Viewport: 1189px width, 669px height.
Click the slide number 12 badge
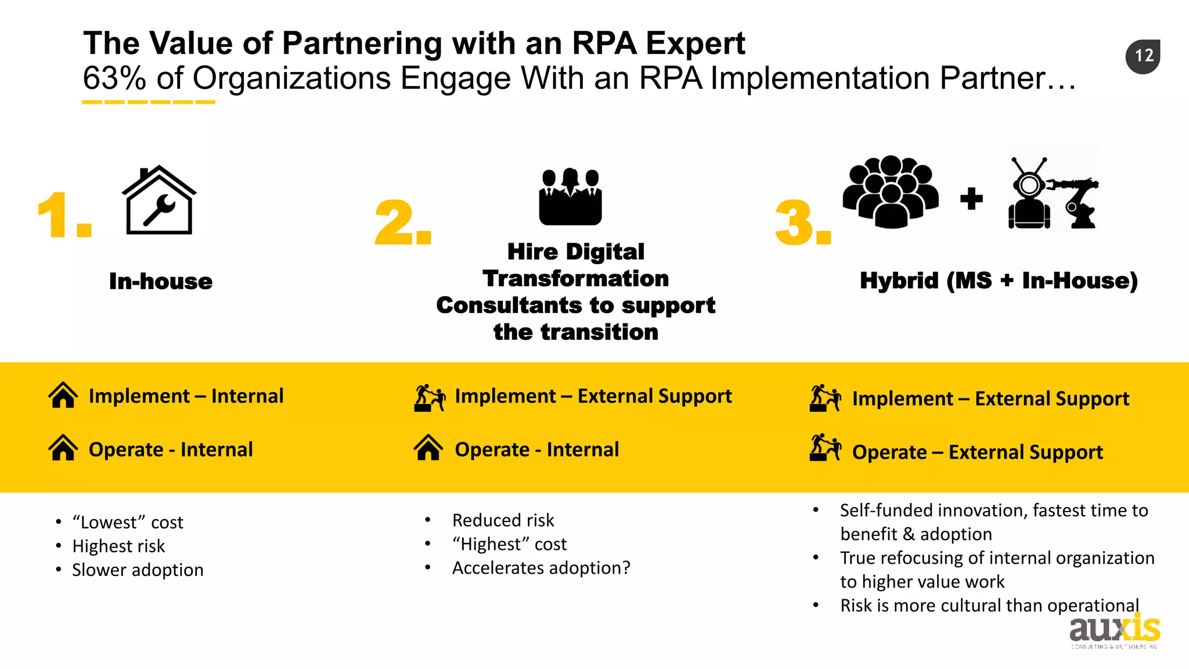pos(1143,56)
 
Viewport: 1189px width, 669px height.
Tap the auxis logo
pos(1114,631)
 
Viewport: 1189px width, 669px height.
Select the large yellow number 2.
pos(402,224)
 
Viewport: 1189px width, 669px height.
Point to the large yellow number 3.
pos(802,224)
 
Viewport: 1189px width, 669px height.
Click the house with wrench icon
pos(159,201)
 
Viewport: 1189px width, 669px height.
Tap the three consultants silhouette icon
pos(570,197)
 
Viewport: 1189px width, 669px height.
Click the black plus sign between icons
pos(971,199)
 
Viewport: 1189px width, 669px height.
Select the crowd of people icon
pos(890,192)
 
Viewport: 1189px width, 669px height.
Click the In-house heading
pos(161,282)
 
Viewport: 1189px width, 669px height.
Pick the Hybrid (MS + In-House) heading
pos(998,281)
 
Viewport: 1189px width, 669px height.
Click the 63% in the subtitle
pos(114,78)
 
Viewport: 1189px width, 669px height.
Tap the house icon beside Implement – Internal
pos(63,395)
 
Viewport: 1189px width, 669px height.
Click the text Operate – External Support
pos(977,452)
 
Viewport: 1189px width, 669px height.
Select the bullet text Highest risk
pos(118,546)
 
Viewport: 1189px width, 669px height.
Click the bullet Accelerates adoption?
pos(541,568)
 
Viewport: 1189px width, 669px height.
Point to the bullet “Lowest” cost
pos(128,523)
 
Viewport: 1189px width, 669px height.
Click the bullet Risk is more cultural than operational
pos(989,606)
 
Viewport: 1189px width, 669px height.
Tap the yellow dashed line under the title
pos(149,102)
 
